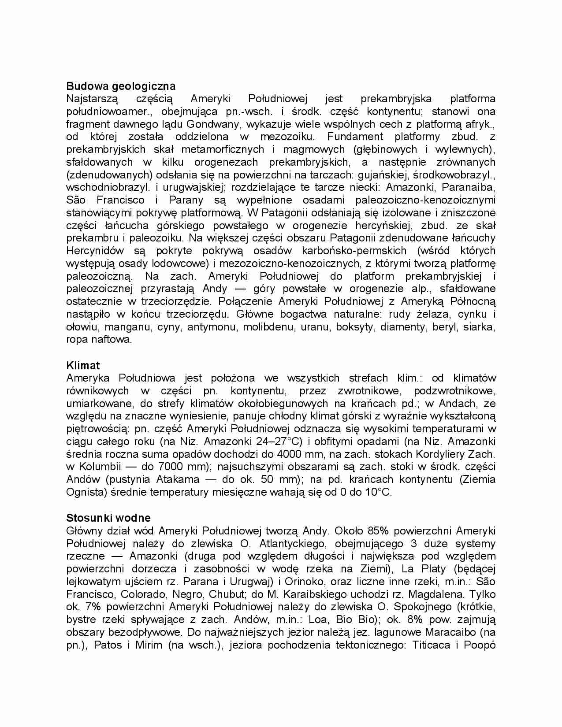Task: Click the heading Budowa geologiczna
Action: point(120,86)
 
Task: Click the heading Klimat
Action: point(83,365)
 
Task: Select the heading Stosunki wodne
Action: point(108,518)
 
